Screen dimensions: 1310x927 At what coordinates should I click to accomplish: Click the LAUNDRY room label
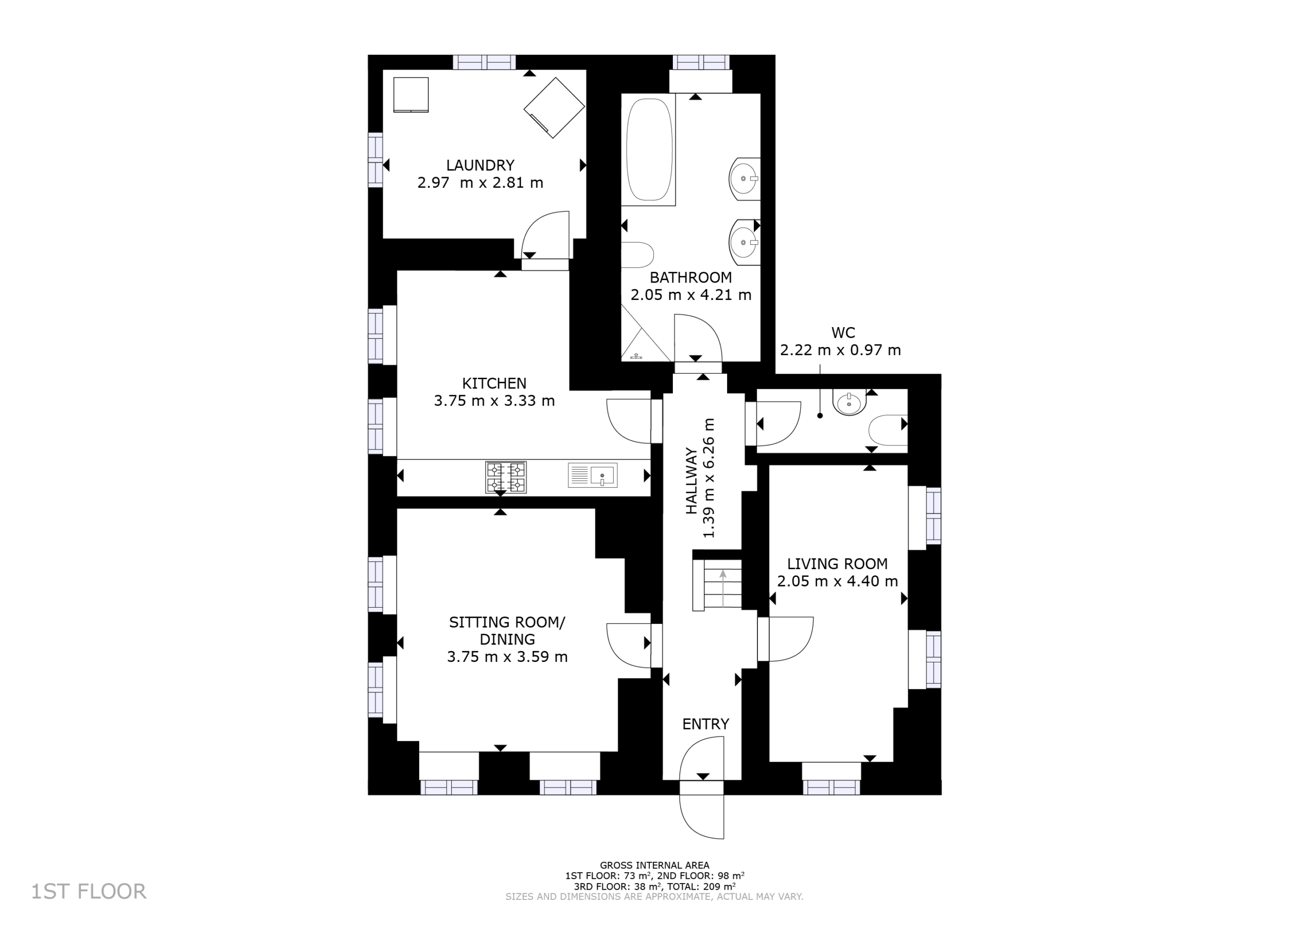480,165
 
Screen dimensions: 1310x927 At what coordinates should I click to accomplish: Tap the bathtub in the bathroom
649,149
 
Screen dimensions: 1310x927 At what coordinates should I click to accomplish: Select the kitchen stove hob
506,477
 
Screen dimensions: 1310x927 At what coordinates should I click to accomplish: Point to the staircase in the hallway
717,585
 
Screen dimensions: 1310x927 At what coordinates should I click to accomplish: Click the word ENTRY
706,724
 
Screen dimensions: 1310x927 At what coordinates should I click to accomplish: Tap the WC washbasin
849,402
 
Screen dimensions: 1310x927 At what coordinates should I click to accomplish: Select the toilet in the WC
888,430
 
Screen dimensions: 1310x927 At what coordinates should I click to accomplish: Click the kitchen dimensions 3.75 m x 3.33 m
494,401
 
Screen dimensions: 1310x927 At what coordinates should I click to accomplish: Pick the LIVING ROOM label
837,564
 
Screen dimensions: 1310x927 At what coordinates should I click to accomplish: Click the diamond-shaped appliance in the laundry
554,108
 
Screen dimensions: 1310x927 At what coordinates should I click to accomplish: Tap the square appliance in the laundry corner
411,95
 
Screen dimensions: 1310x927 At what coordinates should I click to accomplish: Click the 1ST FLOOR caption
89,891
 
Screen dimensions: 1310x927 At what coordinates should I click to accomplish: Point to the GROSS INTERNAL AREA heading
654,866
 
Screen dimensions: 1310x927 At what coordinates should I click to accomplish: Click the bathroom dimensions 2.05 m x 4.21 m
690,295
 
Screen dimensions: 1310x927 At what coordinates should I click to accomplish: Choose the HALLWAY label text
691,481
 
